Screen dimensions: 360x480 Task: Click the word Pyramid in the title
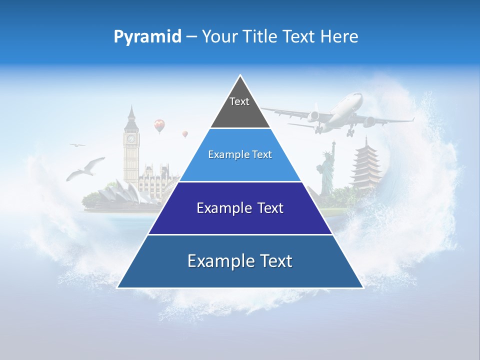pos(147,37)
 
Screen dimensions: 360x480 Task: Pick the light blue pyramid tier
pos(240,155)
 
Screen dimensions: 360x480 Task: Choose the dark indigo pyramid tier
pos(240,208)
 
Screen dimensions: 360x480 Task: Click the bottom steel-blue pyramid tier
pos(240,261)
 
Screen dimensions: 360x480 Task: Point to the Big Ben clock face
pos(131,138)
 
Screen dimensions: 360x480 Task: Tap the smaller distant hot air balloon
pos(185,133)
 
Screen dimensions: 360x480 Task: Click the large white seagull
pos(86,168)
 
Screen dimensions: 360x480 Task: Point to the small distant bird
pos(77,145)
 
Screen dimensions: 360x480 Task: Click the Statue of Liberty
pos(327,172)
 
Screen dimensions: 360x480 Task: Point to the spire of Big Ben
pos(131,111)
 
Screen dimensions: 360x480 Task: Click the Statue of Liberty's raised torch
pos(333,144)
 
